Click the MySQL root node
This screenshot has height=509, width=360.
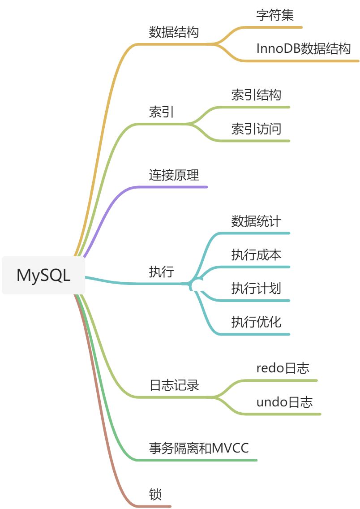pos(43,275)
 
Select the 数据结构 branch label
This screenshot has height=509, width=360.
pos(174,32)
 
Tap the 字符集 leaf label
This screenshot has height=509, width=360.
pos(275,16)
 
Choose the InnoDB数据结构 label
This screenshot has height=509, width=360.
pos(304,49)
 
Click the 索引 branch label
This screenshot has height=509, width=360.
pos(161,112)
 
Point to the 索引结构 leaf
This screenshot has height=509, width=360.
pos(256,95)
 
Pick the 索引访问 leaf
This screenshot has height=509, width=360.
pos(256,129)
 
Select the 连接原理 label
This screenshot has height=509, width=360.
pos(174,175)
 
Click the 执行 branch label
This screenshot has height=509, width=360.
pos(161,272)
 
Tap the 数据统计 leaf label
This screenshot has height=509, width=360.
pos(256,221)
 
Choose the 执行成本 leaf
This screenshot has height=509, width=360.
pos(256,255)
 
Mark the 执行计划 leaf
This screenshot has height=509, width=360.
pos(256,289)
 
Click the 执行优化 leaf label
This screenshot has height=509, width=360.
pos(256,322)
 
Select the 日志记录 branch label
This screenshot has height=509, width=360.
pos(174,385)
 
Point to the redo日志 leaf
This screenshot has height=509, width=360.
pos(283,368)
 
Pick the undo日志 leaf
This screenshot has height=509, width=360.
pos(284,402)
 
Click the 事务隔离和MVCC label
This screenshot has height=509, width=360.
pos(199,448)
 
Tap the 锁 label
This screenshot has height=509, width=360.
pos(155,495)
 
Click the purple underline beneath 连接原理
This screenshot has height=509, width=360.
pos(179,187)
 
